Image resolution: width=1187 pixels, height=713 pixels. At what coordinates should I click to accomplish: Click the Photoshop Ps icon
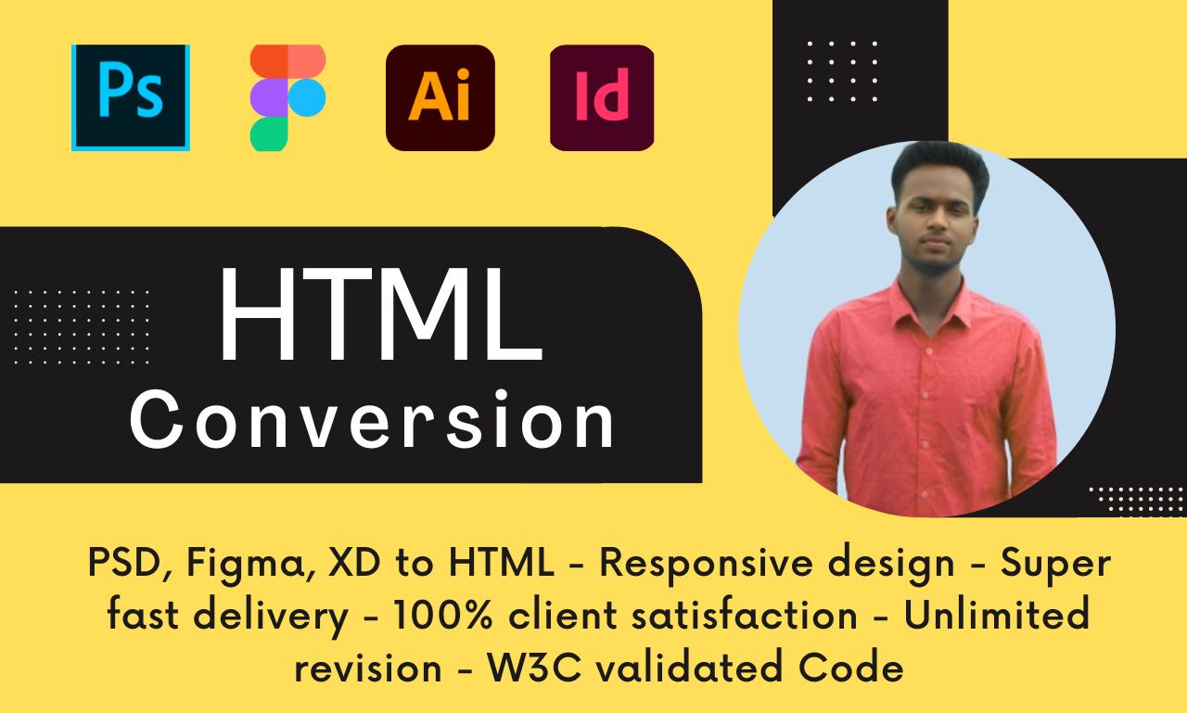[x=131, y=97]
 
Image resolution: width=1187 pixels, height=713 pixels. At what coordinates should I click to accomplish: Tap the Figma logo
[x=287, y=98]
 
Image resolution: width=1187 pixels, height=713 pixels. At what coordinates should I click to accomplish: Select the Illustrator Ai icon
[x=440, y=98]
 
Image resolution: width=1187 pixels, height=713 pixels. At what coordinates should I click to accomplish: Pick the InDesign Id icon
[x=602, y=98]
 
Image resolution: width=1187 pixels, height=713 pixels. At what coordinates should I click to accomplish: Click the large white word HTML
[x=381, y=314]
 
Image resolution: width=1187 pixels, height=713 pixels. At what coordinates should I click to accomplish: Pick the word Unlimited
[x=996, y=615]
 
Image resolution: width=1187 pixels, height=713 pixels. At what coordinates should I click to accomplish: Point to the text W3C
[x=535, y=667]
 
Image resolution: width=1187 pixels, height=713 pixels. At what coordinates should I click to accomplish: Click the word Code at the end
[x=851, y=667]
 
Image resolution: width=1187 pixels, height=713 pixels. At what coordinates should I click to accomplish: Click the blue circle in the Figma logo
[x=307, y=97]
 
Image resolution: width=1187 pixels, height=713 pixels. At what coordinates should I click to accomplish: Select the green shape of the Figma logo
[x=269, y=134]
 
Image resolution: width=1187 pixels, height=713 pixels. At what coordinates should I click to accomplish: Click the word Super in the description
[x=1055, y=565]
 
